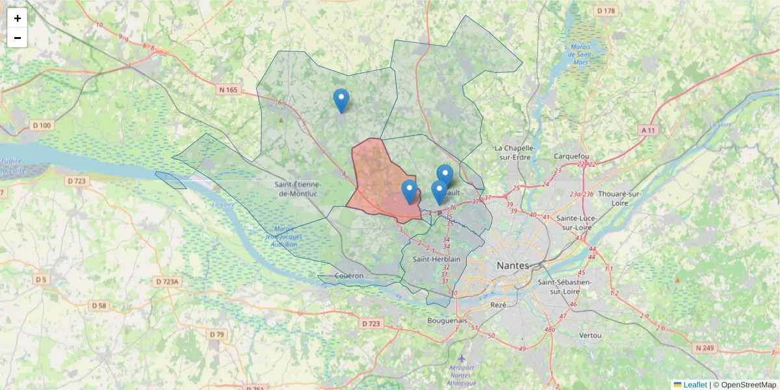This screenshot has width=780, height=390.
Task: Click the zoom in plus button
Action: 18,18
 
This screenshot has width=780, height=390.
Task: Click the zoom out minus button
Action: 18,38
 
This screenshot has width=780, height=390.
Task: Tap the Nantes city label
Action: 513,265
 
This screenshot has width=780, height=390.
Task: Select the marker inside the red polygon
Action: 409,191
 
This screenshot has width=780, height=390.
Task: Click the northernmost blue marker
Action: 341,100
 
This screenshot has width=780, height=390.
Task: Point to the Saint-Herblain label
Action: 436,259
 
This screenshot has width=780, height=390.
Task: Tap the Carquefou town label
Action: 571,156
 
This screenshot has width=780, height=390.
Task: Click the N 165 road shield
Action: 228,90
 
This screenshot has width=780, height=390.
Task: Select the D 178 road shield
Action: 605,11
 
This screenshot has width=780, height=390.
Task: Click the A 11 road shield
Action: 648,130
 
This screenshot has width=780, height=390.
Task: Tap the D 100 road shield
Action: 42,125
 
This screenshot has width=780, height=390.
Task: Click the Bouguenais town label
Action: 447,320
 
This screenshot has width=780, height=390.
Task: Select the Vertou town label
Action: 590,335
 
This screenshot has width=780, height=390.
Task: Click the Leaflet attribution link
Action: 694,385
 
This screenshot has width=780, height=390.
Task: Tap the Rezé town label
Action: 499,305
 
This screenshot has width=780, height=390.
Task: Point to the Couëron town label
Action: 349,276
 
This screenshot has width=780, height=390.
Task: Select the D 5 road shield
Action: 42,279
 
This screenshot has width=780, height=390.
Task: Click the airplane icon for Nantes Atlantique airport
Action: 461,359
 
